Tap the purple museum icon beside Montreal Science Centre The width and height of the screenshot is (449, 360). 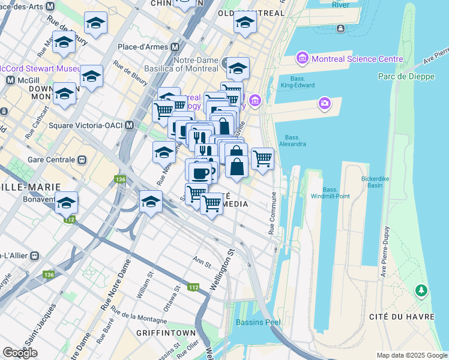(302, 59)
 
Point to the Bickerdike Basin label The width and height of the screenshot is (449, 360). (380, 182)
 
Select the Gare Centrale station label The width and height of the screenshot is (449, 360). (51, 160)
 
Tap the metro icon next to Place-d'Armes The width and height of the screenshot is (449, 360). (175, 47)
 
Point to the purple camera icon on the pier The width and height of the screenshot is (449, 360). (325, 103)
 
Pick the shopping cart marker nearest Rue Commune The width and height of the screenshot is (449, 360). (262, 158)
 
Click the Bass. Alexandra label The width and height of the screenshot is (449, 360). (295, 140)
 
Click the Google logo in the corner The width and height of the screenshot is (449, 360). (20, 353)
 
